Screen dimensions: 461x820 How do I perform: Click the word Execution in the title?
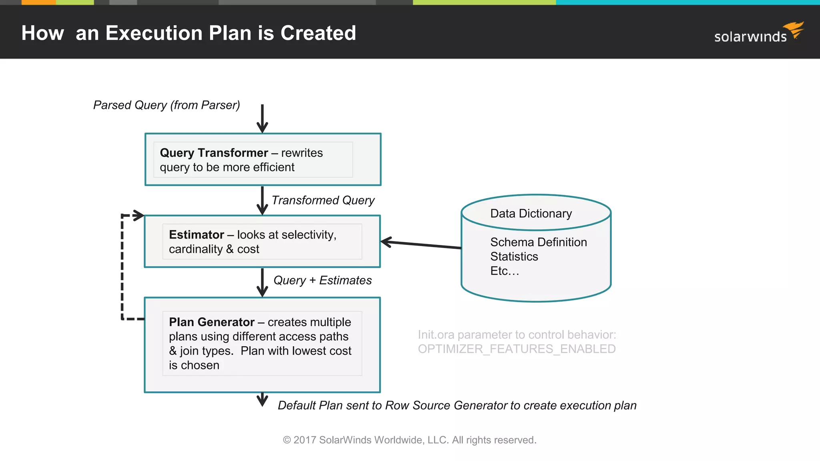point(154,33)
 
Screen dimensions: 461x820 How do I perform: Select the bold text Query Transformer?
point(214,153)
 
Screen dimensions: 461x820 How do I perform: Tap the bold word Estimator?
point(196,235)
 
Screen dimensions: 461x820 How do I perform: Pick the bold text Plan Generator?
point(211,322)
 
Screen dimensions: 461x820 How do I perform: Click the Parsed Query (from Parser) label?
point(167,105)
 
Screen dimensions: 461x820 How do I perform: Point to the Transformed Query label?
point(323,200)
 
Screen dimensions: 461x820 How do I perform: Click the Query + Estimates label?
point(322,281)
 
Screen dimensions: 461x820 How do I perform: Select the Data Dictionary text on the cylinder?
point(531,214)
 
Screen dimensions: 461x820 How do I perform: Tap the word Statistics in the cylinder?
point(514,257)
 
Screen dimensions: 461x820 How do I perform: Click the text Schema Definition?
point(539,242)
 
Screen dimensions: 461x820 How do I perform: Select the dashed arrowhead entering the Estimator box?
point(138,215)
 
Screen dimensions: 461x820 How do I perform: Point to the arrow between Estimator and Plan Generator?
point(262,282)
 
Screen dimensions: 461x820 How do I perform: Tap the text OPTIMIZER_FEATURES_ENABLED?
point(517,349)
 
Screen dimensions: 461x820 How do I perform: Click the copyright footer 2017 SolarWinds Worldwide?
point(409,440)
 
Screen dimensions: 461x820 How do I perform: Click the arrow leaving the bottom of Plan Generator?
point(262,399)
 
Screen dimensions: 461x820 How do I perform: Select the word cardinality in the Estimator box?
point(195,249)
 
